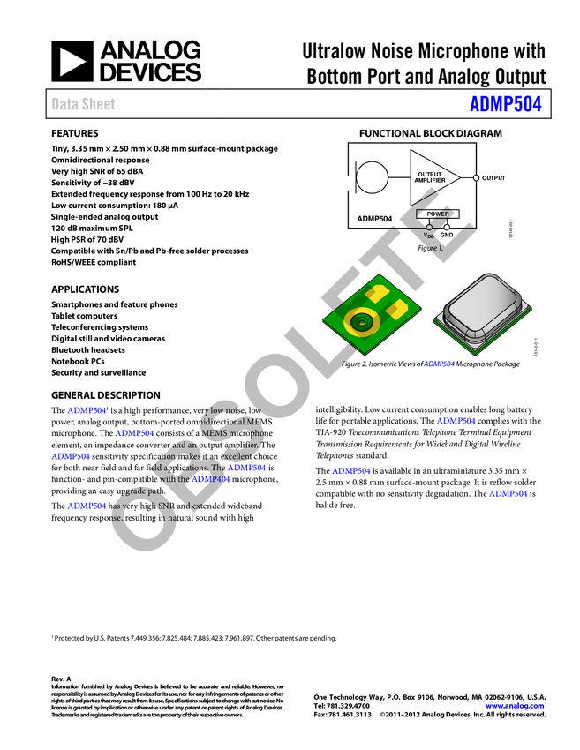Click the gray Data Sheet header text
84,104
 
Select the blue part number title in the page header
505,104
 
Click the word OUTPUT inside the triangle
430,174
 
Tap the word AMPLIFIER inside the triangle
430,180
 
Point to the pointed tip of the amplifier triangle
458,178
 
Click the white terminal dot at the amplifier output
477,178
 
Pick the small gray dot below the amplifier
429,228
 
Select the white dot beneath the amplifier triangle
447,228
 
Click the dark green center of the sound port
360,323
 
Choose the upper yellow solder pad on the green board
377,293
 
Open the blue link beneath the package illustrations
439,364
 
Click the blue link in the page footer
515,706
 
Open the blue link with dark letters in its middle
212,479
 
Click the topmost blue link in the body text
87,410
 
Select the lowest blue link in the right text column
508,493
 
